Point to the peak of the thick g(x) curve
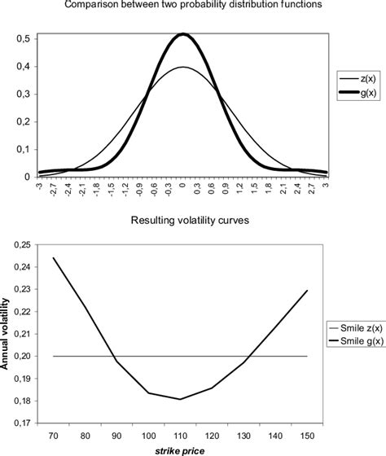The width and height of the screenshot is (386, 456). pos(183,34)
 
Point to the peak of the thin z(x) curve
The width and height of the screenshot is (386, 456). pos(183,68)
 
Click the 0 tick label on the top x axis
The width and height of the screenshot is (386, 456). pos(183,186)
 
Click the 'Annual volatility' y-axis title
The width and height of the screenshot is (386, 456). pos(8,334)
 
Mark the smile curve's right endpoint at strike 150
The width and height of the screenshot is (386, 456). pos(307,291)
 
